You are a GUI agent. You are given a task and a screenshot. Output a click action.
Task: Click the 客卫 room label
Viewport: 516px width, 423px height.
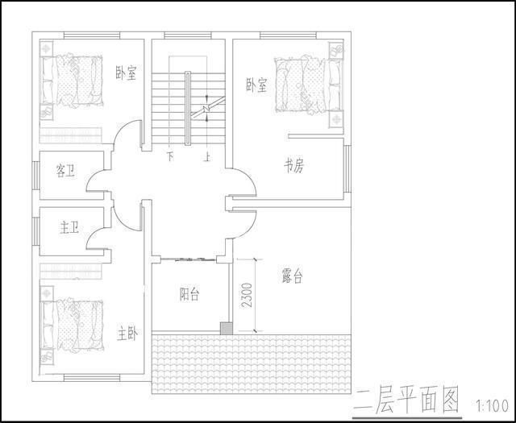coord(66,171)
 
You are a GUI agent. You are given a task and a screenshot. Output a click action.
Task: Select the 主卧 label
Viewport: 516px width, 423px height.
coord(127,332)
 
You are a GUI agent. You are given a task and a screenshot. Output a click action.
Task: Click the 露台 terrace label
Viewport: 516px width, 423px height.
coord(292,276)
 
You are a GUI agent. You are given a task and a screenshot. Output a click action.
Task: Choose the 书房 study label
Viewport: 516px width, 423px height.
coord(293,167)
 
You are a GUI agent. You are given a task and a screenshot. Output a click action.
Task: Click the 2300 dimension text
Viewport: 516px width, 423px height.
coord(247,294)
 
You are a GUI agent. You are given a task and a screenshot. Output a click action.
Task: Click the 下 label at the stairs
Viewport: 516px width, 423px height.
coord(170,156)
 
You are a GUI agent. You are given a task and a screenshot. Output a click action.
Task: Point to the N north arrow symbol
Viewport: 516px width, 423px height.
coord(206,107)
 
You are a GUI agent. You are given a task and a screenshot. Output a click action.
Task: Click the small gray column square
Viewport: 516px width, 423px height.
coord(227,328)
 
